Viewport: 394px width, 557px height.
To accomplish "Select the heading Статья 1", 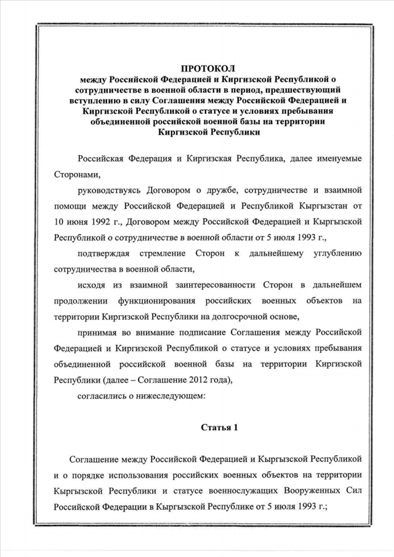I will click(219, 427).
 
